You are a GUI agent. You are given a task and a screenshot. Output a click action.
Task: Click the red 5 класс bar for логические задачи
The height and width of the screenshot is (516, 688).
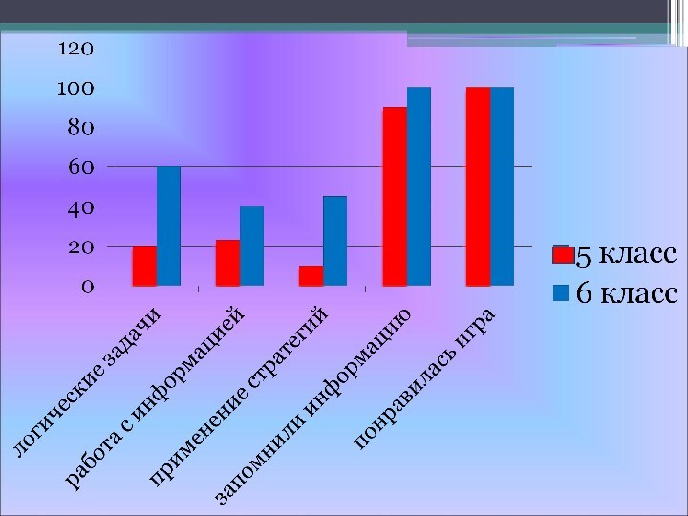144,266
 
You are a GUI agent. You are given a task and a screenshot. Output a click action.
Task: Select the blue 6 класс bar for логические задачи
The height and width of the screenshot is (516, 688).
168,226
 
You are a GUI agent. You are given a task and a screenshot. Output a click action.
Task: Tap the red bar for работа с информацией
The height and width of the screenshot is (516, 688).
227,263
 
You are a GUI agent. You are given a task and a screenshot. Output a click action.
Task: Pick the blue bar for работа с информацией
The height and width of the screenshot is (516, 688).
251,246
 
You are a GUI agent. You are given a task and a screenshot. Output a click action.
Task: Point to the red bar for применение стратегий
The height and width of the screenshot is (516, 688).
311,275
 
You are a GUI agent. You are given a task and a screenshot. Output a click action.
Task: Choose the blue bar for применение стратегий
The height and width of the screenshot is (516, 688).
334,241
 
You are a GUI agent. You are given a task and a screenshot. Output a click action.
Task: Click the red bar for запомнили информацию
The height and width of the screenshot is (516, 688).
395,196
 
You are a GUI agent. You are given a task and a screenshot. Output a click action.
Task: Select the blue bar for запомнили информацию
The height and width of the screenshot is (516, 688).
419,186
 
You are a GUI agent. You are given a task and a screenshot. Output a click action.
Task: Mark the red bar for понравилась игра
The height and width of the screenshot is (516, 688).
478,186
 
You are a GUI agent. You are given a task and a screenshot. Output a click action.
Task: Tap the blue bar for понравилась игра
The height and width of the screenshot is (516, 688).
502,186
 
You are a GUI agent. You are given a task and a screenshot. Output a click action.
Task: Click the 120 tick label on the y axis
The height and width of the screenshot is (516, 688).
75,48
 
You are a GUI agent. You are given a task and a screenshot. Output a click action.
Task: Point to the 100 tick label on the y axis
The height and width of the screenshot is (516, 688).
75,88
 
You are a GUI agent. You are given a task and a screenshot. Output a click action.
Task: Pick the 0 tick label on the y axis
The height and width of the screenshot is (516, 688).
87,286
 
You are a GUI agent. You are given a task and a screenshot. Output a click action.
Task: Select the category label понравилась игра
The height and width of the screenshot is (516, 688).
423,379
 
